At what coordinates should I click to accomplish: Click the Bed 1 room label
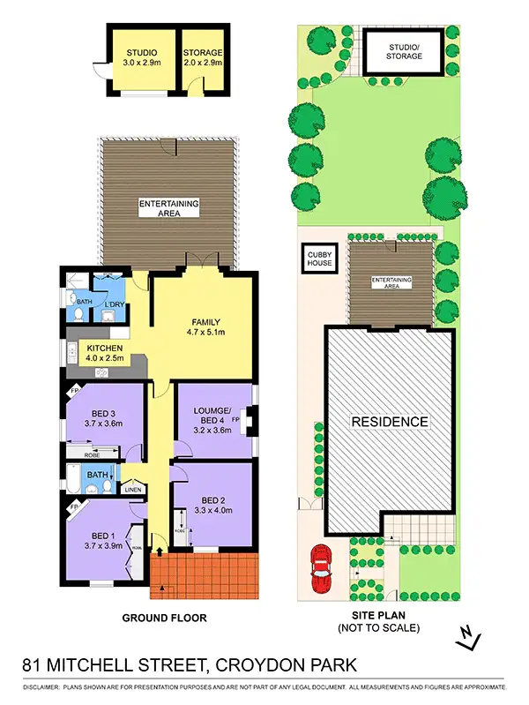click(x=102, y=536)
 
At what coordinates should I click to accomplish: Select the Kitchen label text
click(x=105, y=349)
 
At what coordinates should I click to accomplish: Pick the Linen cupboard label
click(x=132, y=489)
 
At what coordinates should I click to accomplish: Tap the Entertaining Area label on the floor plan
click(x=169, y=208)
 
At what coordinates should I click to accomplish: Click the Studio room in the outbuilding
click(x=140, y=57)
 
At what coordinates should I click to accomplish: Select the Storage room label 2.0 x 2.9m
click(x=203, y=64)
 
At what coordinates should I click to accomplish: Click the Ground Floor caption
click(x=164, y=619)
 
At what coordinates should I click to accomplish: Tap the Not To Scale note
click(x=379, y=628)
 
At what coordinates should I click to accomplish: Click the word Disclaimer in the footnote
click(x=41, y=686)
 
